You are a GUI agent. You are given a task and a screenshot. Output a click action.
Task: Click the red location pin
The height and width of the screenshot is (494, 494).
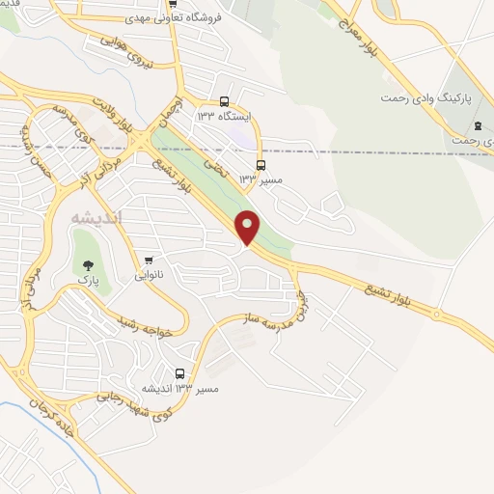tap(248, 228)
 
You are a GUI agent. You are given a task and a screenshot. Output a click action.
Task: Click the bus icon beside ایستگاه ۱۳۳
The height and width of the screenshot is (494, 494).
tap(225, 101)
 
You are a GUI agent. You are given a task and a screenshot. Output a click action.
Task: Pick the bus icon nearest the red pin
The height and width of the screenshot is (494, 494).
tap(261, 165)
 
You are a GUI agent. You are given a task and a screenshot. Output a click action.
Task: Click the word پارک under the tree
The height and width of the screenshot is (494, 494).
tap(89, 279)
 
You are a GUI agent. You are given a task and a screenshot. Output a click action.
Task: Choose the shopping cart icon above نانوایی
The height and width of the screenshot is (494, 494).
tap(149, 261)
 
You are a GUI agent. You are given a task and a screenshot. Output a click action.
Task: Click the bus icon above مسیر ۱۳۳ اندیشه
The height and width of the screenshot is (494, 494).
tap(180, 374)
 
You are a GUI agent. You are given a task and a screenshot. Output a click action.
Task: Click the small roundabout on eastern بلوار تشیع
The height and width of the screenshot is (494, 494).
tap(436, 315)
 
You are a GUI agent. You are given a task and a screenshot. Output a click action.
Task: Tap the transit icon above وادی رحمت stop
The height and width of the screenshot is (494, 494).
tap(477, 126)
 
